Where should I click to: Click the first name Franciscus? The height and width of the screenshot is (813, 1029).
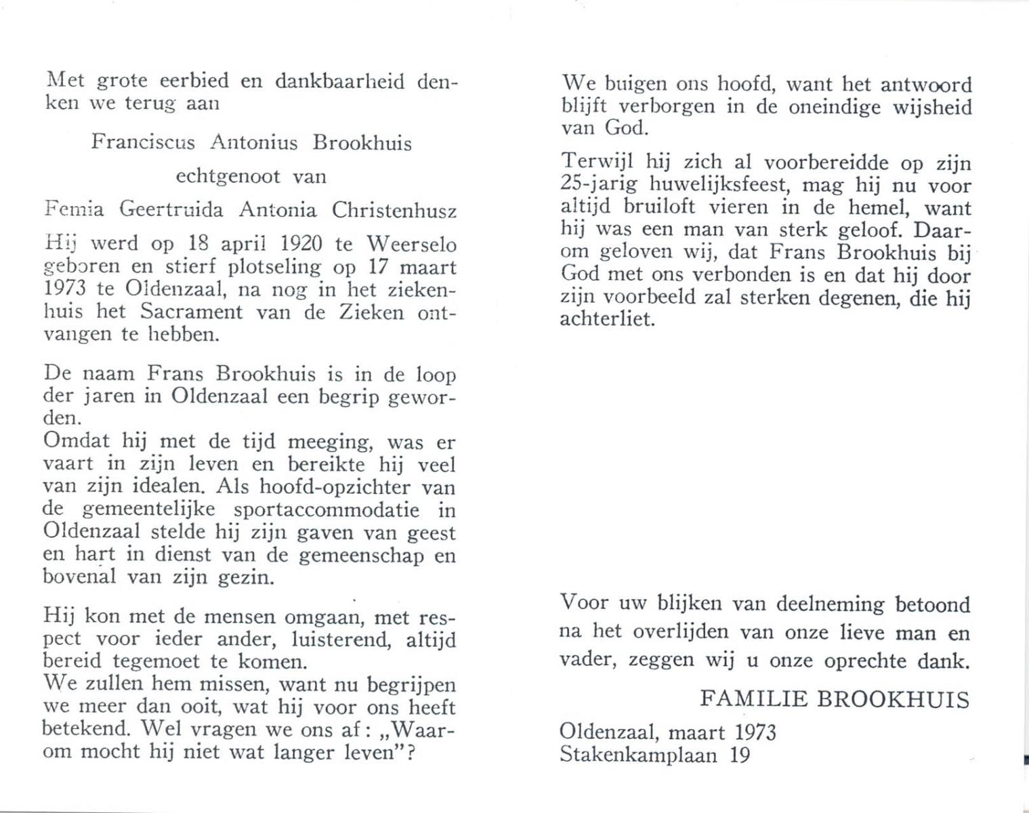(x=142, y=143)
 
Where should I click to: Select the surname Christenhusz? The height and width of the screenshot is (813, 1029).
(x=394, y=211)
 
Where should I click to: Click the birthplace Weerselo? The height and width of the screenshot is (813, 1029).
(x=411, y=243)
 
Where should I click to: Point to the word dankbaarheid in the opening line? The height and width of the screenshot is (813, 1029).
(x=340, y=82)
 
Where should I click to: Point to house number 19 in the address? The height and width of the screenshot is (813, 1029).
(x=740, y=754)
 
